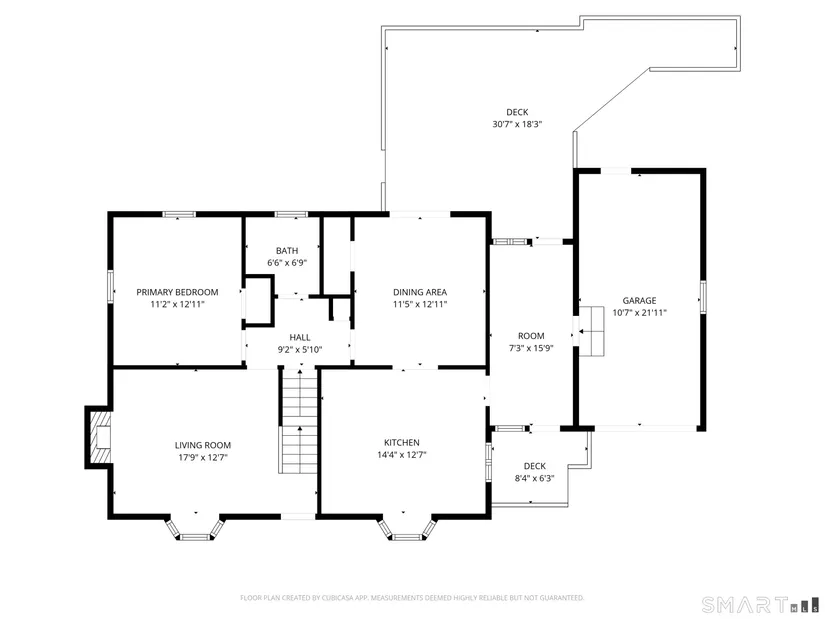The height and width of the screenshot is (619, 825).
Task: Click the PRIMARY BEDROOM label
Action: (x=177, y=292)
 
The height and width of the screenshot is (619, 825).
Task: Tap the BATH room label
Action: (x=287, y=251)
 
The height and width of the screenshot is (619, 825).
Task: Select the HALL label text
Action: (x=300, y=337)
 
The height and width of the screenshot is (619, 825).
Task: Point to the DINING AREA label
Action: (x=420, y=292)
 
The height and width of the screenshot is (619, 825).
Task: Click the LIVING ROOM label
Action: (x=203, y=445)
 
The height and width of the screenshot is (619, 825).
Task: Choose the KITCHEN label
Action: (x=401, y=443)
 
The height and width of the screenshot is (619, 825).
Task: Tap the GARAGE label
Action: (x=639, y=301)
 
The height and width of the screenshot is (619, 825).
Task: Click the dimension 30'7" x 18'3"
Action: (x=517, y=124)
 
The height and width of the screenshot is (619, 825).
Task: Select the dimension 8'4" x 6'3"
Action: (x=535, y=478)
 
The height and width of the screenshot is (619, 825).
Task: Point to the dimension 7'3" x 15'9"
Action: (x=531, y=348)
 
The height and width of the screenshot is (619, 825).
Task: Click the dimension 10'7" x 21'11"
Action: (x=640, y=313)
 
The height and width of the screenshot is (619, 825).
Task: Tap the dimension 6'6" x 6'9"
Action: (x=287, y=263)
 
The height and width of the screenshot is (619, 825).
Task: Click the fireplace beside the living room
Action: (x=99, y=437)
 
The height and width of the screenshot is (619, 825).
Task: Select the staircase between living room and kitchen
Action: (x=298, y=421)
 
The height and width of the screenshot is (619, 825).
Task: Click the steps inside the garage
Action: (x=592, y=331)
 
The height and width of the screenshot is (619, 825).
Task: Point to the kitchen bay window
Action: (x=407, y=528)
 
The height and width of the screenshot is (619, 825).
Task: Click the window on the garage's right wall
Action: (x=703, y=298)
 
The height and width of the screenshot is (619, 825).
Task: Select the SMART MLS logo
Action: (x=761, y=605)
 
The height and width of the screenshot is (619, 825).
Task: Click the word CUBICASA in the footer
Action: (x=338, y=598)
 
